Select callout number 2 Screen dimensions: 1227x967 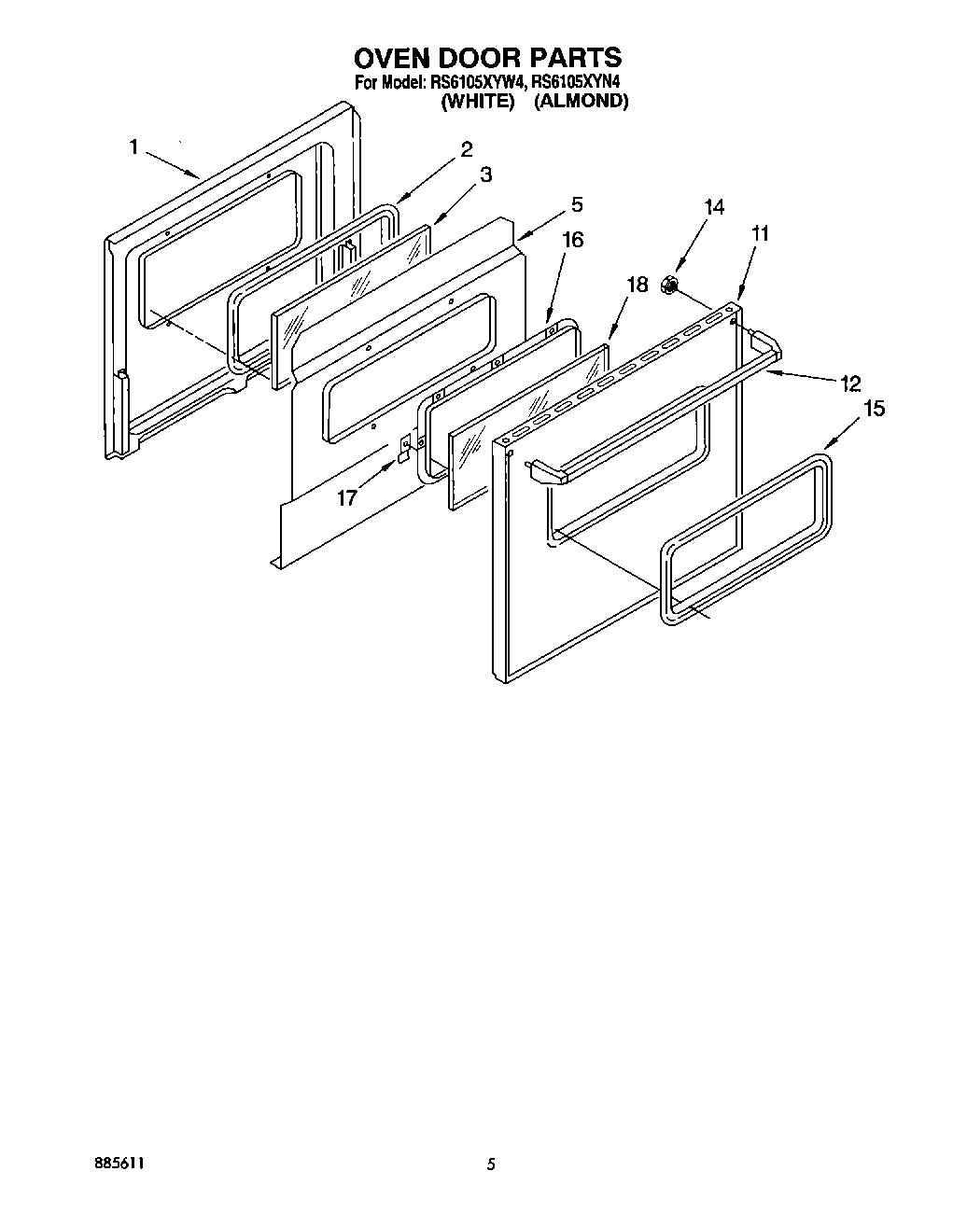pos(466,148)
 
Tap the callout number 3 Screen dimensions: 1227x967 pos(485,174)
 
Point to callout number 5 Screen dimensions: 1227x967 pos(577,202)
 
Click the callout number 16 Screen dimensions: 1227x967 pos(572,240)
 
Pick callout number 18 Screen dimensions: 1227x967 pos(637,285)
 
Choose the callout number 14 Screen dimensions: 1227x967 pos(713,207)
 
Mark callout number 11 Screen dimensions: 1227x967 pos(760,233)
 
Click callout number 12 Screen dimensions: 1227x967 pos(849,383)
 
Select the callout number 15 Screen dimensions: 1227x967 pos(875,408)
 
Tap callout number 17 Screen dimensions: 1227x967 pos(346,497)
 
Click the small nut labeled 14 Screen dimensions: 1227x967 pos(669,285)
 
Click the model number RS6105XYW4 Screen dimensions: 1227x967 pos(473,82)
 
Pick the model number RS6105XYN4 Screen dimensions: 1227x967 pos(576,82)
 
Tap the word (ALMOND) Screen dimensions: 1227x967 pos(581,101)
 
